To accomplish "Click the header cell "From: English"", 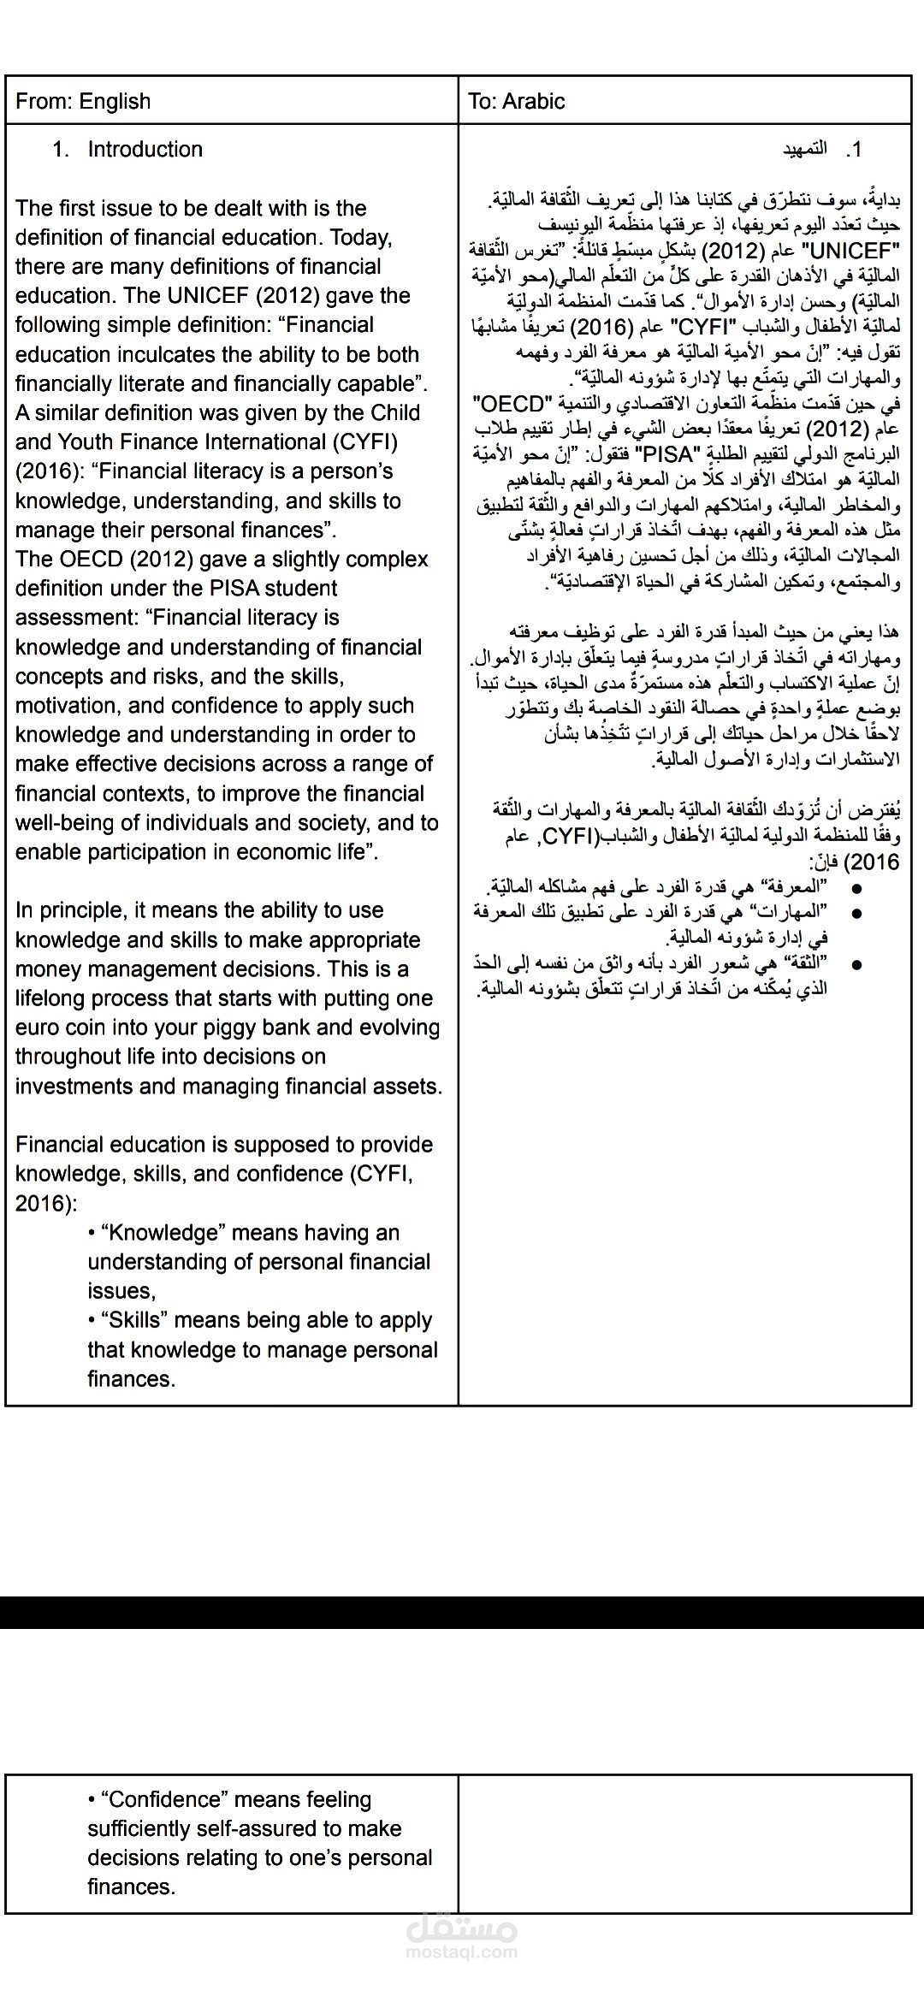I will [x=83, y=101].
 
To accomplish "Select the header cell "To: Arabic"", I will [x=517, y=101].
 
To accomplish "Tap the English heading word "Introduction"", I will [x=145, y=149].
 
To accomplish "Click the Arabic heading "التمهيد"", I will [x=804, y=150].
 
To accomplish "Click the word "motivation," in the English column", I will [x=68, y=706].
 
